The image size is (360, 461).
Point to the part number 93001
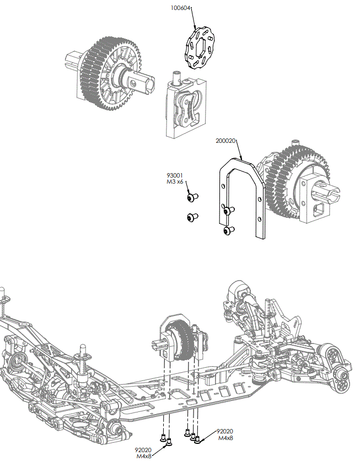pos(174,175)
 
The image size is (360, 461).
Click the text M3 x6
pos(175,182)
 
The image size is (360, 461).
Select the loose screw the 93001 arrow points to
pos(192,197)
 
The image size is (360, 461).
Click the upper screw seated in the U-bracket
pos(229,210)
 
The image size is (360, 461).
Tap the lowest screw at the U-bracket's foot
pos(228,230)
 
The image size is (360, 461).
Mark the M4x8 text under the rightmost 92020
pos(225,438)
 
